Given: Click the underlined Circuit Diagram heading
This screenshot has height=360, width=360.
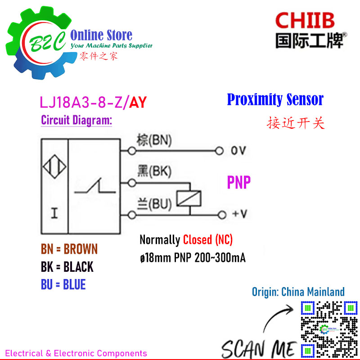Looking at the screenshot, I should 76,120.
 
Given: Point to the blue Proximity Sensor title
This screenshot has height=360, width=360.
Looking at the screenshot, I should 275,99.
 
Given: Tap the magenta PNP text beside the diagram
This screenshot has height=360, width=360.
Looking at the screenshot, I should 239,183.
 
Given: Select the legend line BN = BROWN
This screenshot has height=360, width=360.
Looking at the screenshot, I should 69,249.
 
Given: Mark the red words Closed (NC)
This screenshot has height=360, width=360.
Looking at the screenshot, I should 207,240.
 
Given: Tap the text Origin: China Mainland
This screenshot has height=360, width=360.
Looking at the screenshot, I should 298,292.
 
